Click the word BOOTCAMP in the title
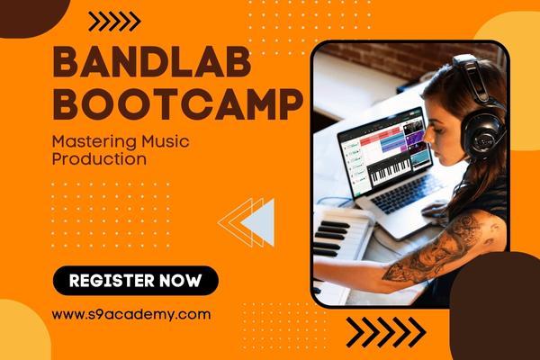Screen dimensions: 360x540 click(176, 104)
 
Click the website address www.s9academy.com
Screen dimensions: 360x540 click(131, 314)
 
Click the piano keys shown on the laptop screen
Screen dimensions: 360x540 click(390, 169)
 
